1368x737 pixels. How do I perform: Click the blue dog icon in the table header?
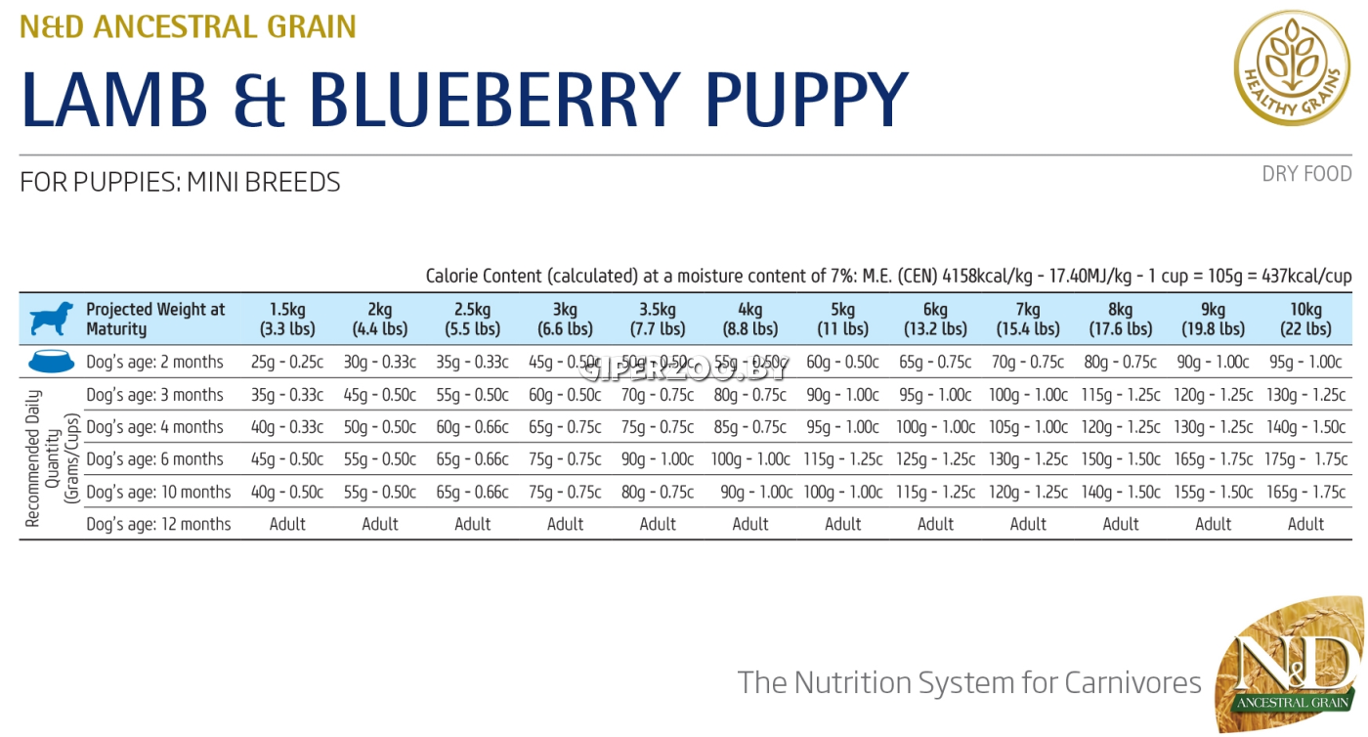[51, 320]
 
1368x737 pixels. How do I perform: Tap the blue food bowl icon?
[51, 362]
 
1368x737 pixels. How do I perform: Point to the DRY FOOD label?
[1306, 174]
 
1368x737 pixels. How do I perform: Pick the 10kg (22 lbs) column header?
[1305, 320]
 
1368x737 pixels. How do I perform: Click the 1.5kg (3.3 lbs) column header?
[287, 320]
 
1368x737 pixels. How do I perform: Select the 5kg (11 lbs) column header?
[842, 320]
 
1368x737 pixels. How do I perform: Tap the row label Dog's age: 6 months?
[154, 459]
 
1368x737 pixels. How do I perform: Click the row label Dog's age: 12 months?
[158, 525]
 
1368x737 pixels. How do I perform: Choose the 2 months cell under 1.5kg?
[287, 363]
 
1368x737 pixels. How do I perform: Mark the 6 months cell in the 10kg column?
[1305, 459]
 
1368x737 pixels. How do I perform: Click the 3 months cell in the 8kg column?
[1121, 395]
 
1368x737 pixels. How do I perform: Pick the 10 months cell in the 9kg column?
[1213, 493]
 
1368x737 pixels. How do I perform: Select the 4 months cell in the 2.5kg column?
[472, 427]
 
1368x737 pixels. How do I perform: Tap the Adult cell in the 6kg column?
[935, 525]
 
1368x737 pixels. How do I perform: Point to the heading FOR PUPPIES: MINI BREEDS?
[180, 183]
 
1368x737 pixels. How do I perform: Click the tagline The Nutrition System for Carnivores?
[969, 682]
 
